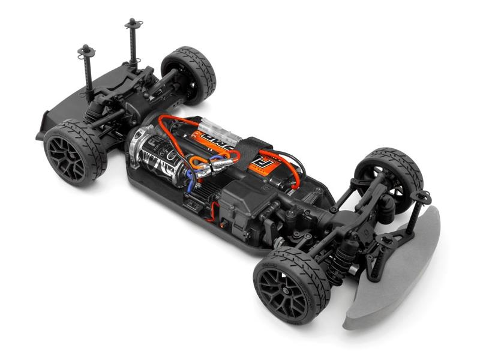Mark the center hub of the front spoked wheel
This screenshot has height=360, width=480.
[284, 287]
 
